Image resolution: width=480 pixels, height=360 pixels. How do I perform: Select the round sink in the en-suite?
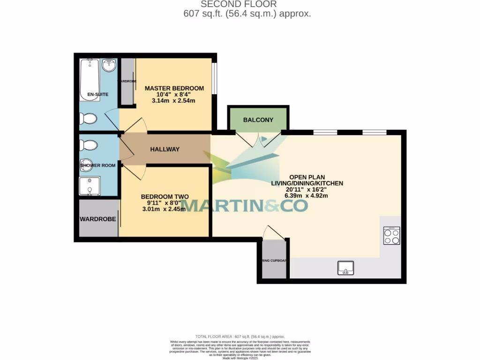pyautogui.click(x=109, y=66)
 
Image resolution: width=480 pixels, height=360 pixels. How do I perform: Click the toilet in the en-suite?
pyautogui.click(x=88, y=119)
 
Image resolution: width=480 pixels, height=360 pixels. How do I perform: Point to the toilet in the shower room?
pyautogui.click(x=89, y=145)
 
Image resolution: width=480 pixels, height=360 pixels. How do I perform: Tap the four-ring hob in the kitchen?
pyautogui.click(x=391, y=236)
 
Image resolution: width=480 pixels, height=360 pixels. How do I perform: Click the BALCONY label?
pyautogui.click(x=258, y=120)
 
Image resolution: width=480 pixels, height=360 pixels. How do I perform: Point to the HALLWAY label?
pyautogui.click(x=165, y=150)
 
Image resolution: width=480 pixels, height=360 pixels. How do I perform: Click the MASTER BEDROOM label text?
pyautogui.click(x=174, y=88)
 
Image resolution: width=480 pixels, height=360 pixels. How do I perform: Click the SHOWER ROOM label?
pyautogui.click(x=97, y=165)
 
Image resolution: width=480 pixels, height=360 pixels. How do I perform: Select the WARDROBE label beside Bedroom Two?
pyautogui.click(x=98, y=219)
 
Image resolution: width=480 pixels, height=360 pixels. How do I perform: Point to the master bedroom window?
pyautogui.click(x=214, y=78)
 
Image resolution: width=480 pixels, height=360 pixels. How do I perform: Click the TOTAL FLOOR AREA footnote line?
pyautogui.click(x=240, y=337)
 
